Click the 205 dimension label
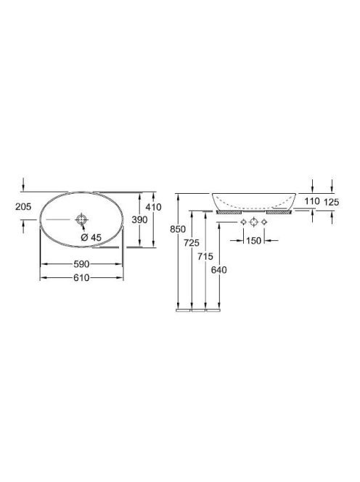[x=23, y=207]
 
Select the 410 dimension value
[x=153, y=207]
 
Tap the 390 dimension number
[x=139, y=220]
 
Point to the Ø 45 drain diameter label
[x=91, y=237]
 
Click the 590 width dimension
[x=81, y=264]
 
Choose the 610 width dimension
[x=81, y=278]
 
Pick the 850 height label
[x=178, y=229]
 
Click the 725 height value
[x=192, y=243]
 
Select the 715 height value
[x=205, y=256]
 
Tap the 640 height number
[x=219, y=270]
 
